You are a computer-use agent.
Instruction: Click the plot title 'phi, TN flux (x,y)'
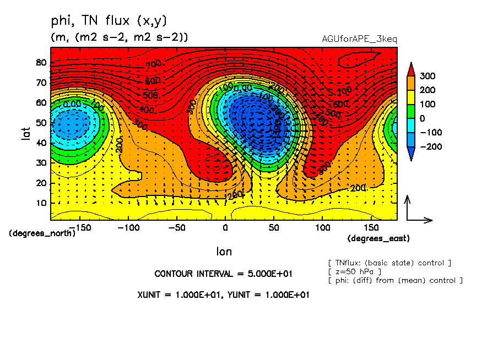click(108, 21)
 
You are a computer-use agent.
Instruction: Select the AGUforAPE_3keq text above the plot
click(359, 39)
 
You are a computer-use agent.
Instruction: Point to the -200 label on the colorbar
click(430, 147)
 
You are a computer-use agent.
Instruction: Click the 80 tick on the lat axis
click(41, 62)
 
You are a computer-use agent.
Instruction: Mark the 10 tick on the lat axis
click(41, 203)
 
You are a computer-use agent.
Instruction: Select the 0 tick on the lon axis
click(225, 227)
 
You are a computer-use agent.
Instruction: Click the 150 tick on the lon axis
click(370, 227)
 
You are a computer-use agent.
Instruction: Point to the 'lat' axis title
click(26, 132)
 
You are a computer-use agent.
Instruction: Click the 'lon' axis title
click(224, 252)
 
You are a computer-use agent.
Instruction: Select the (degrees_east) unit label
click(378, 238)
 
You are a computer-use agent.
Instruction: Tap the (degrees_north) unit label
click(42, 233)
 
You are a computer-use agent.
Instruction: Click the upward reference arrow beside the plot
click(407, 207)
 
